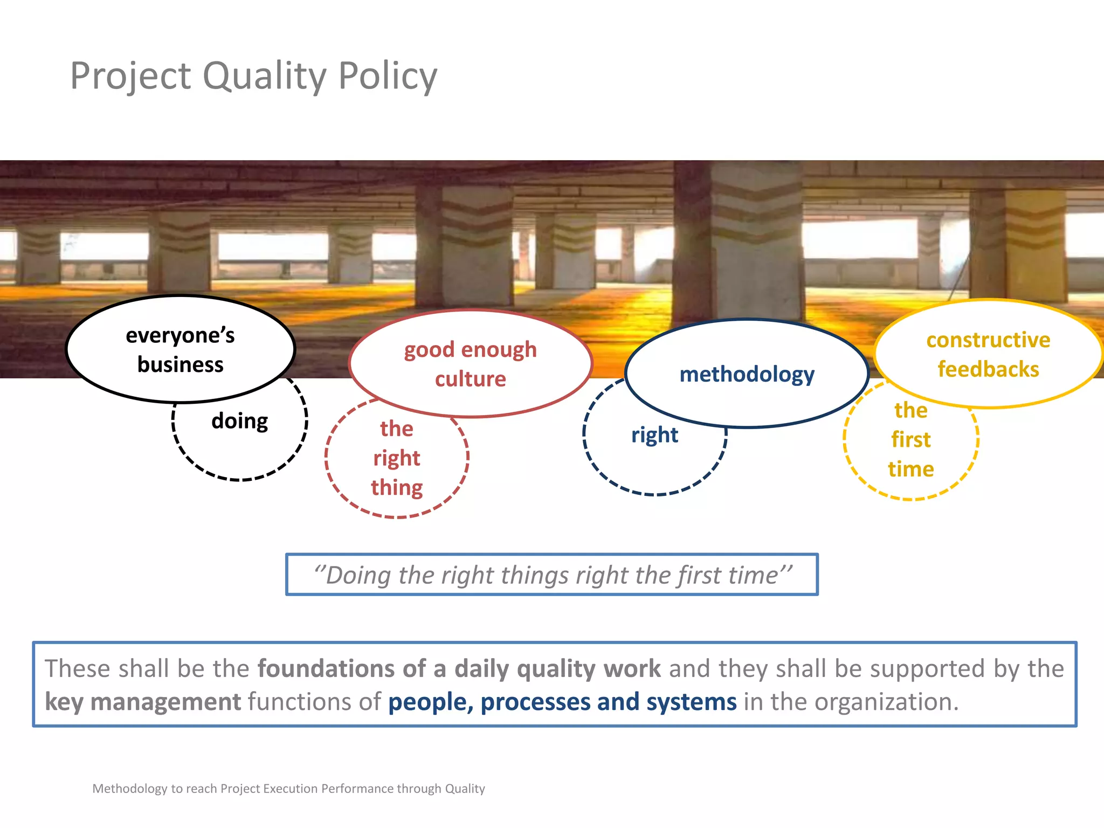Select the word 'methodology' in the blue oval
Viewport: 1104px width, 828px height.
tap(747, 374)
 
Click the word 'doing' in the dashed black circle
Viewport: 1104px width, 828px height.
tap(239, 421)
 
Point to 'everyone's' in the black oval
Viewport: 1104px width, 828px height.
tap(180, 335)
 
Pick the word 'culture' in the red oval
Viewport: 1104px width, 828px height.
tap(470, 379)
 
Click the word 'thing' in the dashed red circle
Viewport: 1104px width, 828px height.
tap(397, 488)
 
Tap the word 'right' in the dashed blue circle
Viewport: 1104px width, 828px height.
tap(654, 435)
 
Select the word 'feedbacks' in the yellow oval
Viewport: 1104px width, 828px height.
tap(988, 369)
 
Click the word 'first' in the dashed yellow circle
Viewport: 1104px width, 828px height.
tap(910, 440)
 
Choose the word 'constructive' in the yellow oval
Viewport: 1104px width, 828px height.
tap(988, 340)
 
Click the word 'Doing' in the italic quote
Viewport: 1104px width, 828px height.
tap(358, 576)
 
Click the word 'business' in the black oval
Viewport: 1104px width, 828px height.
tap(180, 365)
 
